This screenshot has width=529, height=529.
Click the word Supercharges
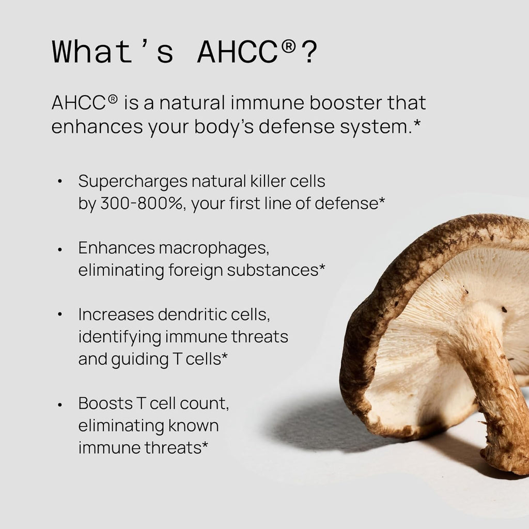(133, 181)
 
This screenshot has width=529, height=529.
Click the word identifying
(119, 337)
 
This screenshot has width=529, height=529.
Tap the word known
(193, 426)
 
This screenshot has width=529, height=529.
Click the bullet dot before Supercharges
(60, 182)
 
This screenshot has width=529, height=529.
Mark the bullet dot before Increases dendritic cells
(60, 315)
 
